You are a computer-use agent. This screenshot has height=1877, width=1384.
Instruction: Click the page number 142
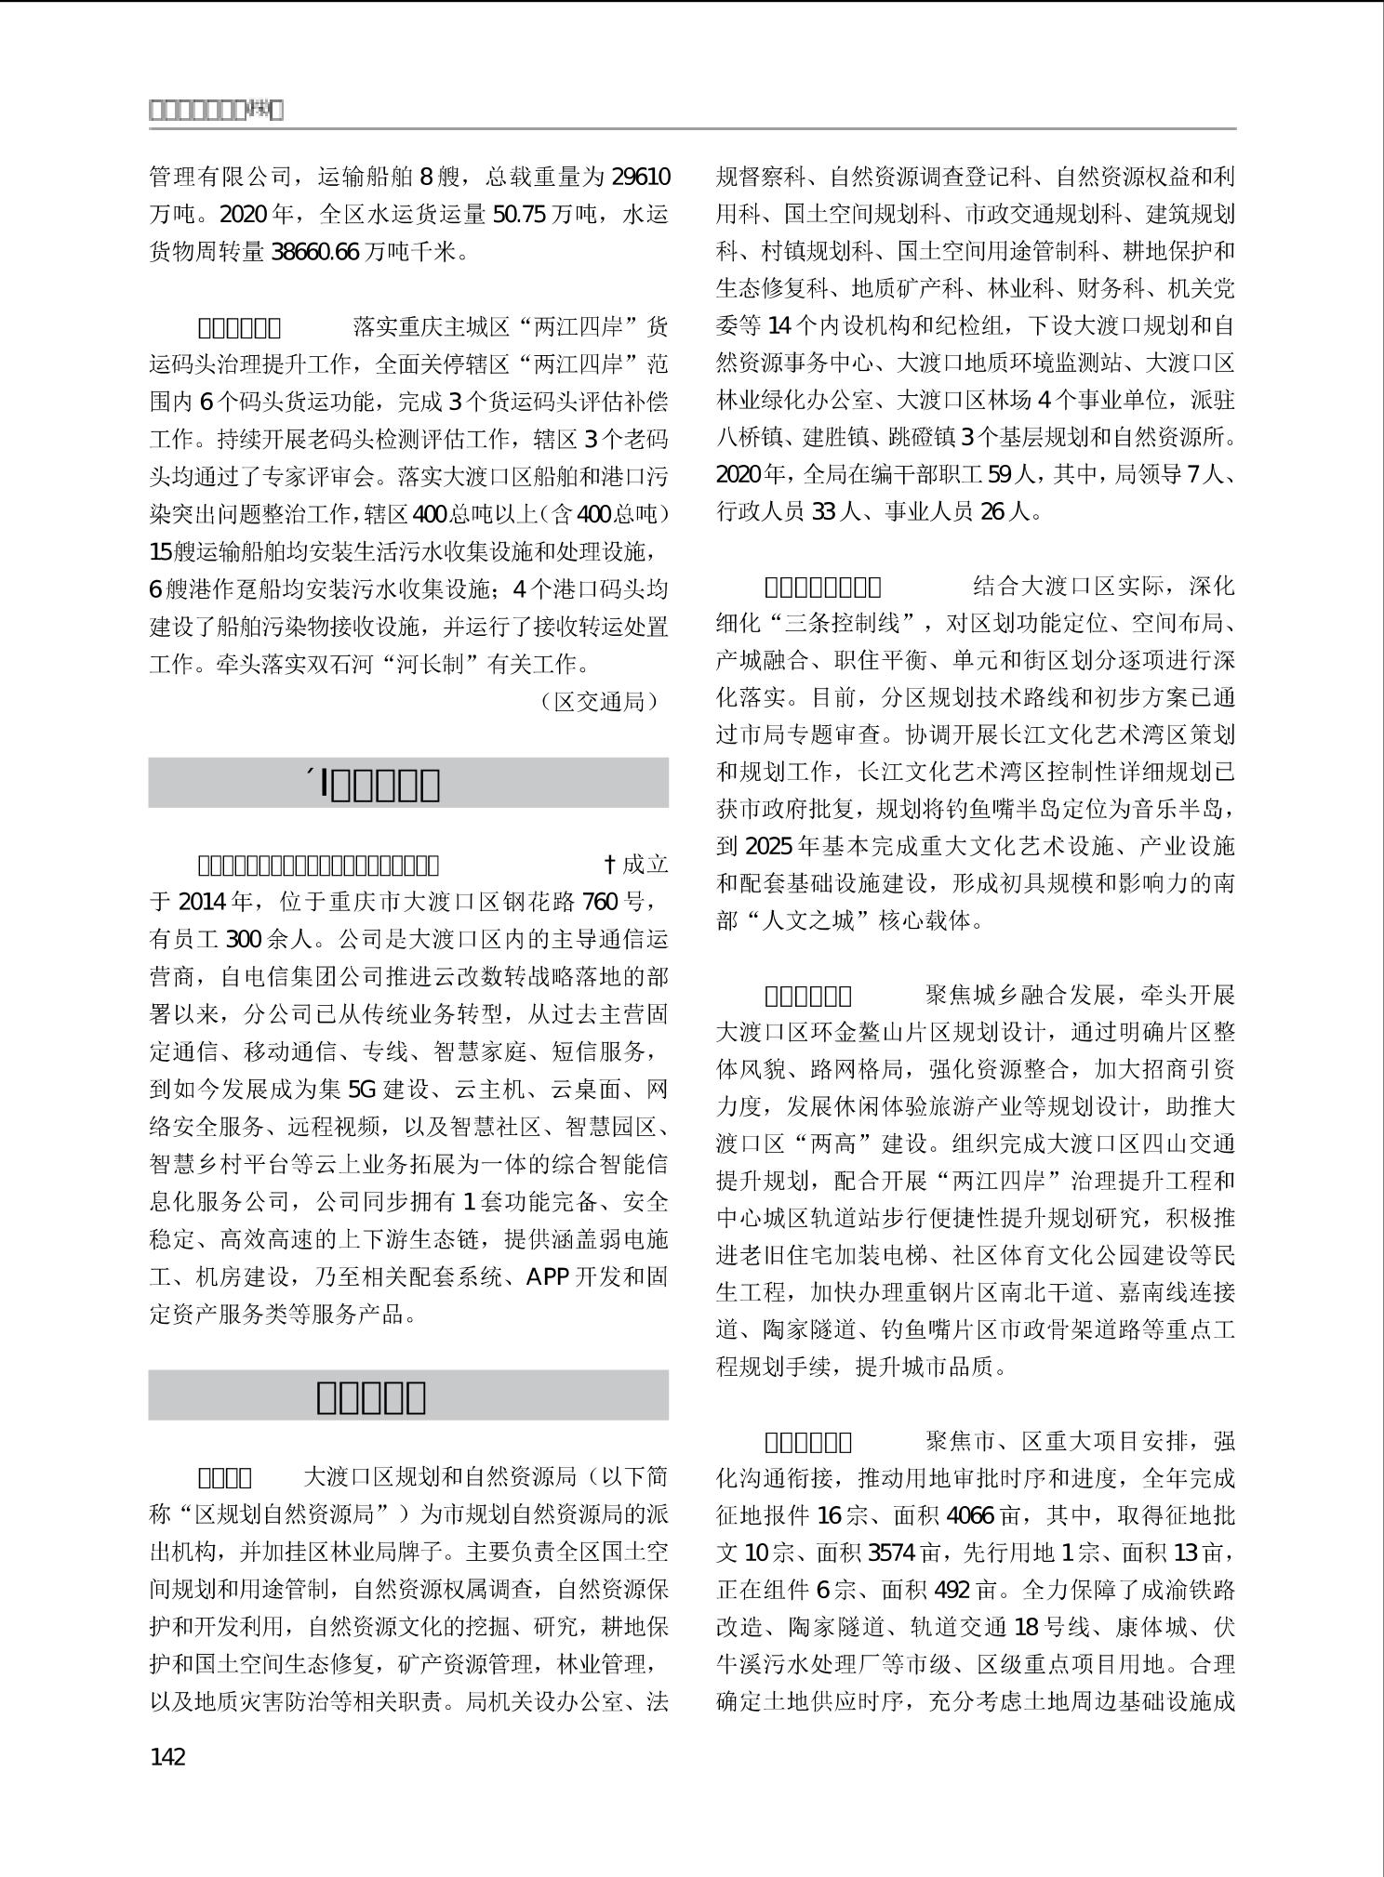[x=168, y=1756]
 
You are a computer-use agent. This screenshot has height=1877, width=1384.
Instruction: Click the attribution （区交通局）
[x=600, y=701]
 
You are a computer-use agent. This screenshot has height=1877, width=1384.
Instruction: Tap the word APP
[x=547, y=1276]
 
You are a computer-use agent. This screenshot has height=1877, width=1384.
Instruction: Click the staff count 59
[x=998, y=475]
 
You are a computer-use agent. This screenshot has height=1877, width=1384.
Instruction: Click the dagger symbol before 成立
[x=610, y=865]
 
